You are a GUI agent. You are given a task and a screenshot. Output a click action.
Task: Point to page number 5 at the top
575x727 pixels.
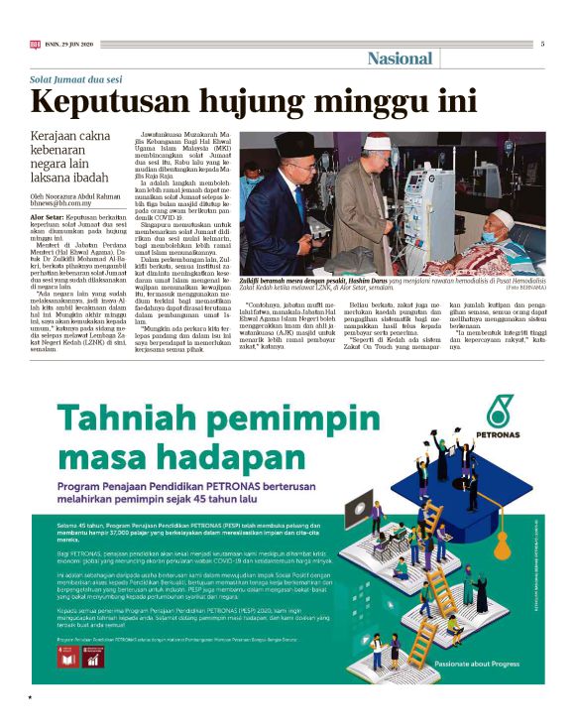tap(542, 44)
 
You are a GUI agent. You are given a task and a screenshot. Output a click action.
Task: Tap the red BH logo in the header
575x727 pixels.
tap(35, 44)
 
